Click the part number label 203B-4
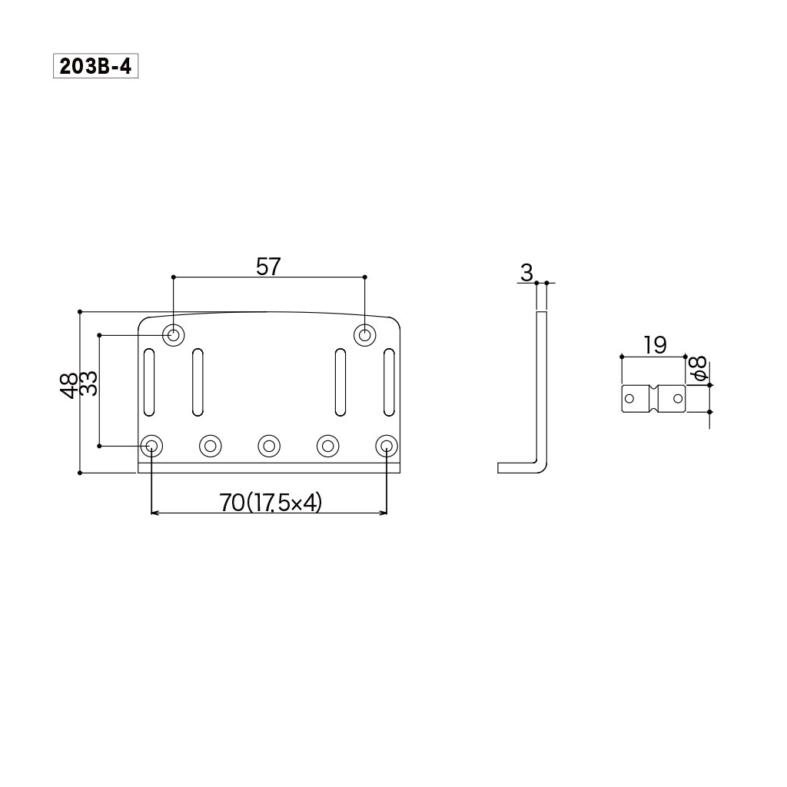click(x=95, y=67)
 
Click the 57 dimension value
click(x=268, y=267)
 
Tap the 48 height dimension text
click(x=69, y=384)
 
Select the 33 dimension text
click(x=89, y=383)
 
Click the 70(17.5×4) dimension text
click(x=270, y=503)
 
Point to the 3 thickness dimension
click(x=526, y=272)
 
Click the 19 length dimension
click(x=655, y=345)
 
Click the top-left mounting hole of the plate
click(x=174, y=335)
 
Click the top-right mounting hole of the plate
click(x=364, y=335)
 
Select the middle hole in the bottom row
click(x=269, y=445)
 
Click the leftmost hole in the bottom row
click(x=151, y=445)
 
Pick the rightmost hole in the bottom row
click(x=387, y=445)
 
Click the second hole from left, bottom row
click(x=211, y=445)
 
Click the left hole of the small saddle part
click(x=630, y=398)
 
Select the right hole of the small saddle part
click(x=677, y=398)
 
